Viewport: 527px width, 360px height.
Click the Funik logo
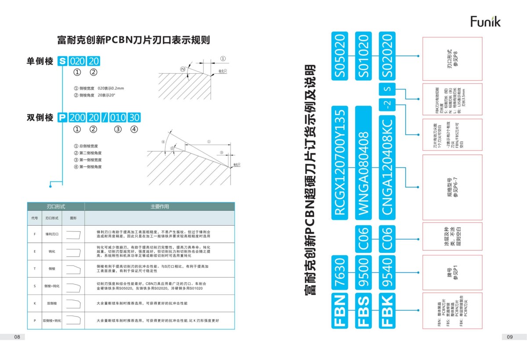click(485, 22)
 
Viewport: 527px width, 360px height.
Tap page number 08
click(17, 337)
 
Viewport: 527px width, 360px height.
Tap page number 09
click(509, 337)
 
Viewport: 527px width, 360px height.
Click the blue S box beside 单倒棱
click(62, 61)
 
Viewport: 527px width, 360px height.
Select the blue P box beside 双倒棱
click(62, 118)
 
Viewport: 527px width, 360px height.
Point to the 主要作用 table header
click(159, 206)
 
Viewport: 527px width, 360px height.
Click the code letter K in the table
click(35, 303)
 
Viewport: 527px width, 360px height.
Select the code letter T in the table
click(35, 268)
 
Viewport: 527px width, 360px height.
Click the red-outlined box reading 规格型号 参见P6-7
click(452, 186)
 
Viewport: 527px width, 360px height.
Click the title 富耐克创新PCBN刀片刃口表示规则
click(134, 40)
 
